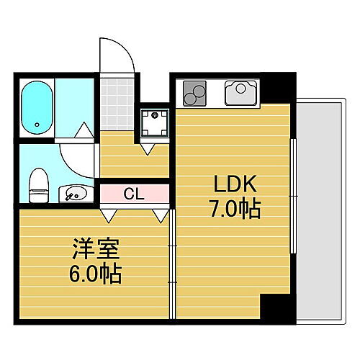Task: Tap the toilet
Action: (37, 186)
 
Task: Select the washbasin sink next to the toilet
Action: (75, 193)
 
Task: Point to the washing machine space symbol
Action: (154, 124)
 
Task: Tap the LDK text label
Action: (232, 184)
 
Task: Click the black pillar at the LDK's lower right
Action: (277, 306)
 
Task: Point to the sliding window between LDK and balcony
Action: (293, 194)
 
